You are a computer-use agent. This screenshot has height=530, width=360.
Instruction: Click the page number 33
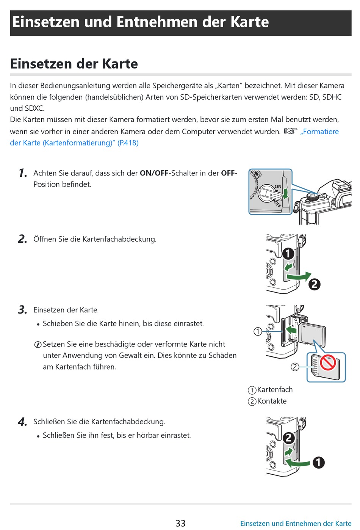180,523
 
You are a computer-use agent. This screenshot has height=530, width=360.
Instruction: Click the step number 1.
23,173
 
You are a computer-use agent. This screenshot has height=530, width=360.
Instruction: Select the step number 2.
22,239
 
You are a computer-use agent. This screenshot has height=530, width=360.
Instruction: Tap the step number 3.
22,310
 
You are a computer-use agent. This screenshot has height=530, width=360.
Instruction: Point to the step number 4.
22,422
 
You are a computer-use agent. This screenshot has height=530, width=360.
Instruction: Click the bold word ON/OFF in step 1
154,173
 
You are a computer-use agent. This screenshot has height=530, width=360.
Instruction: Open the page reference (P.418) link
128,143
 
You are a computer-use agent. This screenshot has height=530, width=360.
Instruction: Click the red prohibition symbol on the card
328,363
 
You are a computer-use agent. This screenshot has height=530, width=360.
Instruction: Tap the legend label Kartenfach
275,390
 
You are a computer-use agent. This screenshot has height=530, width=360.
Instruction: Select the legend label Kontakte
272,401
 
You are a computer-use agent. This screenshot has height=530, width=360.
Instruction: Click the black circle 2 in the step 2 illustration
314,284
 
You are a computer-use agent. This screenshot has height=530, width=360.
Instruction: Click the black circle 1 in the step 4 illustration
318,463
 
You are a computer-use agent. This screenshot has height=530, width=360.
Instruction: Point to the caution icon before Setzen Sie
38,345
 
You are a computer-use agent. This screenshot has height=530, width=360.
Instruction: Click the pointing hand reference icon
290,131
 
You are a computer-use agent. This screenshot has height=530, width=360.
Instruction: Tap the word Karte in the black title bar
250,22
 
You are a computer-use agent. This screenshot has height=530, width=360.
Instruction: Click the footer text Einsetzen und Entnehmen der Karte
296,524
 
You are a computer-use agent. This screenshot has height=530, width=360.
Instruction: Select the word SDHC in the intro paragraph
332,97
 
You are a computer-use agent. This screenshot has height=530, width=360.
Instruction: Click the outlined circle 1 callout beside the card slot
258,331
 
